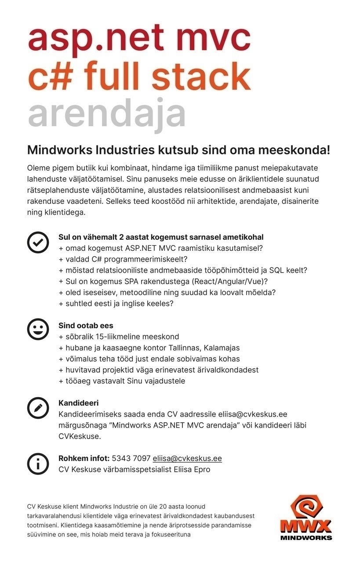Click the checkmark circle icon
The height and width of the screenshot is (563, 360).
(38, 242)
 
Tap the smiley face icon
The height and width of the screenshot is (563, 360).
(38, 329)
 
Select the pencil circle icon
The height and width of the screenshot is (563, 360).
(38, 408)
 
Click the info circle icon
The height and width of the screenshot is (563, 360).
(38, 463)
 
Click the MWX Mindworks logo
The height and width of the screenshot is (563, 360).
(306, 517)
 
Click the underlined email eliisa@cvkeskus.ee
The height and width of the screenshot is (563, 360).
(187, 458)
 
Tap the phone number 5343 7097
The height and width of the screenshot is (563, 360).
(131, 458)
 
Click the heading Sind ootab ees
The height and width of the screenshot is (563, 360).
(86, 325)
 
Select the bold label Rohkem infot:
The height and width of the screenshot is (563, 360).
(84, 458)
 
